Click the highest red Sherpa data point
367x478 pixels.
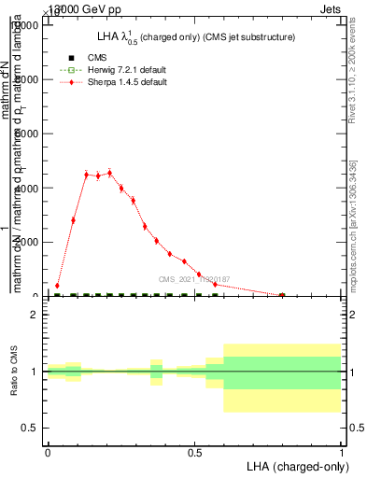click(x=109, y=173)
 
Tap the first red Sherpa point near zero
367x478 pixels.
click(x=57, y=286)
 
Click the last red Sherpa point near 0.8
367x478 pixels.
click(x=282, y=295)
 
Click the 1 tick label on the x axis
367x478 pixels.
click(x=341, y=452)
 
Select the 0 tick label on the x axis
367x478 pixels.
click(x=48, y=452)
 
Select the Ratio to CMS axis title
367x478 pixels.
click(x=15, y=371)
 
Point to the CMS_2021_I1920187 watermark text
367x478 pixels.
click(x=193, y=279)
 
